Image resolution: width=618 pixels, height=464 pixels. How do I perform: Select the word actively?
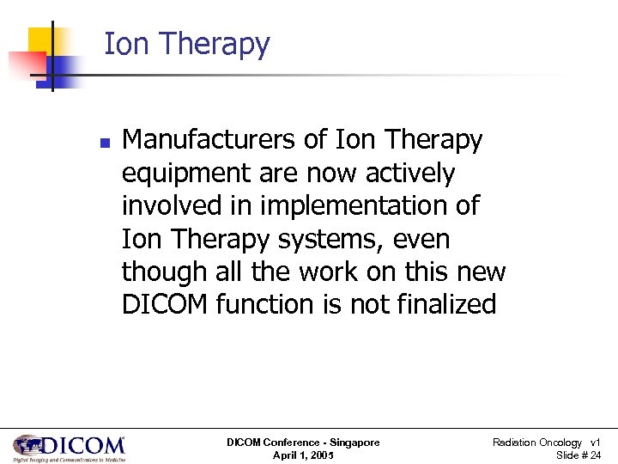point(410,173)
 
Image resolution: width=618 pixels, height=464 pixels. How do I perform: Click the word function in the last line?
point(280,304)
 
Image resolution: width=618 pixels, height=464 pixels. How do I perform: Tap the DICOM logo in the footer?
point(69,448)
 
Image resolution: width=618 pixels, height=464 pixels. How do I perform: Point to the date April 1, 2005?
point(303,455)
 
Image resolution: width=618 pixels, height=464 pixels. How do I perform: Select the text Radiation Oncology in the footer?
point(536,443)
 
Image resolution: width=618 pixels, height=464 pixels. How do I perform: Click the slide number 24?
point(594,455)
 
